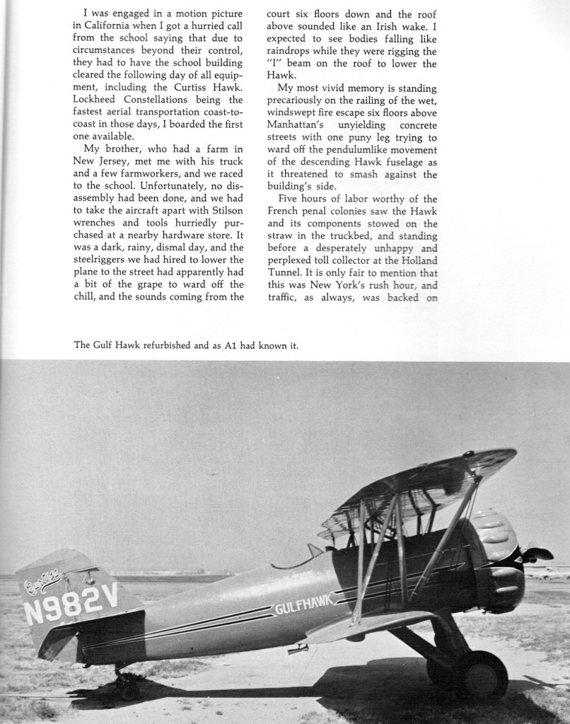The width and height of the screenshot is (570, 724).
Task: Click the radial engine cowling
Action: (x=495, y=559)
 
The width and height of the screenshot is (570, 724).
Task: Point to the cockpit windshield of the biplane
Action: (x=315, y=550)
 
